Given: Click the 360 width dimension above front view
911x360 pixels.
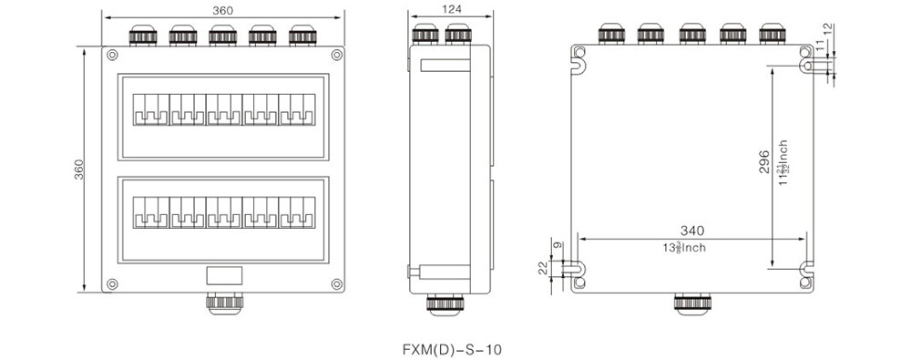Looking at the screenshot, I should click(221, 9).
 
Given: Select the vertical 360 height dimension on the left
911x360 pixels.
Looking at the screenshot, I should click(79, 170).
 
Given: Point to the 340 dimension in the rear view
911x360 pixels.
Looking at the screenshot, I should click(691, 231).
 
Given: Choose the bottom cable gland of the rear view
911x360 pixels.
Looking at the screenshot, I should click(689, 303).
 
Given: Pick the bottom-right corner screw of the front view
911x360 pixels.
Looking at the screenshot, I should click(336, 282).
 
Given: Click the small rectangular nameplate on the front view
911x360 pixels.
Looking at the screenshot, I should click(223, 274).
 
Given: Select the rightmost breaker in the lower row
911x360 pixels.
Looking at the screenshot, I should click(296, 211).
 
